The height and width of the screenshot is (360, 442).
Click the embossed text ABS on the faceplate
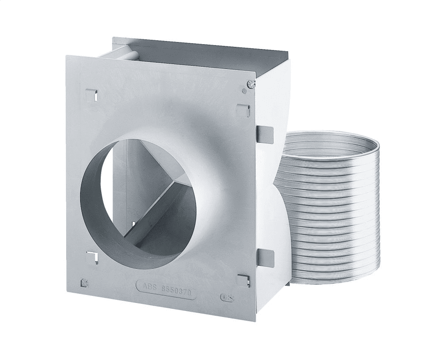pyautogui.click(x=149, y=286)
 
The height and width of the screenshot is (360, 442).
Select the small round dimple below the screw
pyautogui.click(x=244, y=91)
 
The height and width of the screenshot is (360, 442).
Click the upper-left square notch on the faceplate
pyautogui.click(x=91, y=94)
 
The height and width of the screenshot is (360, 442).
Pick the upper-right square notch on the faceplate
pyautogui.click(x=243, y=110)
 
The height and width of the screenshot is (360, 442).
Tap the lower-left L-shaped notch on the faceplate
pyautogui.click(x=92, y=256)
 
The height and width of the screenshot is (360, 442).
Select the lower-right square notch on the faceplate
pyautogui.click(x=244, y=280)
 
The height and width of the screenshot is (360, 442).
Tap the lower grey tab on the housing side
pyautogui.click(x=265, y=257)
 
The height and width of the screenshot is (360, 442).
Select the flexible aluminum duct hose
pyautogui.click(x=327, y=208)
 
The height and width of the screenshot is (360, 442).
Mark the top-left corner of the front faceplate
pyautogui.click(x=68, y=57)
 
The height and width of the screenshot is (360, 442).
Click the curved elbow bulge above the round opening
pyautogui.click(x=177, y=119)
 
